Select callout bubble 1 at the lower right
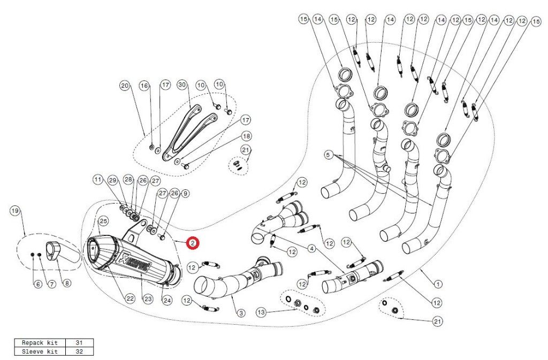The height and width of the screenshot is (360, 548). coord(438,284)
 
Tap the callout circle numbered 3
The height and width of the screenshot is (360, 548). coord(241,313)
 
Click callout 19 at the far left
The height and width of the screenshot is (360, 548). coord(15,211)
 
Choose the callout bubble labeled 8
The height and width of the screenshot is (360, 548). coord(66,284)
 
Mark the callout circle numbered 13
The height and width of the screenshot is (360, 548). coord(261,311)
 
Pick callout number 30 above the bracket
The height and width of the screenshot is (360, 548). coord(181,85)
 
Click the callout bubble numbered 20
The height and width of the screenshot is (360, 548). coord(125,85)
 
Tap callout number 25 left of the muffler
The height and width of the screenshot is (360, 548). coord(103,220)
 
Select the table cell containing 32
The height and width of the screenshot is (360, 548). coord(80,351)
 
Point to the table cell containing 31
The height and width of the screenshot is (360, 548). coord(80,343)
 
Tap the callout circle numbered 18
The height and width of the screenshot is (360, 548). coord(246,136)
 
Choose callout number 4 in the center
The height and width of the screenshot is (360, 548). coord(311,249)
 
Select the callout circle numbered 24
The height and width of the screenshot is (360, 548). coord(167,301)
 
